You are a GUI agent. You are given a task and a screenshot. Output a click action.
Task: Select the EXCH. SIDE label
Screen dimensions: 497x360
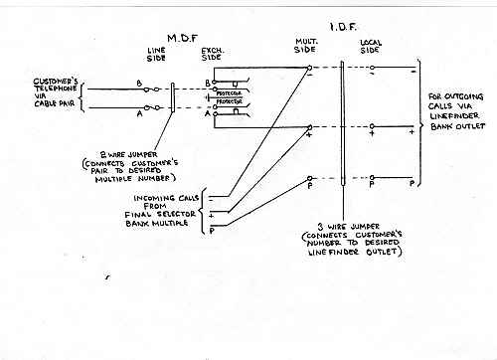pyautogui.click(x=211, y=52)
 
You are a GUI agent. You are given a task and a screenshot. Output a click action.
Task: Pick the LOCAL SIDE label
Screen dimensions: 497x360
pyautogui.click(x=370, y=46)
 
